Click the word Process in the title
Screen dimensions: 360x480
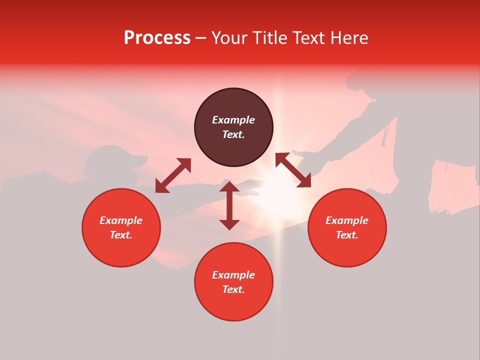(x=157, y=38)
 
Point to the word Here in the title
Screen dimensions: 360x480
(x=350, y=38)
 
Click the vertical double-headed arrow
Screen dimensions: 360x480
(x=229, y=205)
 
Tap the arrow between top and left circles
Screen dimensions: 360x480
(x=173, y=175)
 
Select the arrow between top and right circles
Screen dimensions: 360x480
(x=293, y=170)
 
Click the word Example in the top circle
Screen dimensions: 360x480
(x=233, y=120)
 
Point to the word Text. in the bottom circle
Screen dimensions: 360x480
(x=233, y=289)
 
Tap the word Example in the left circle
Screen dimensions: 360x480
(x=121, y=220)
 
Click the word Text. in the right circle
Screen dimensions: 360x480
(x=347, y=235)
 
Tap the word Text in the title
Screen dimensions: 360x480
(x=309, y=38)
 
